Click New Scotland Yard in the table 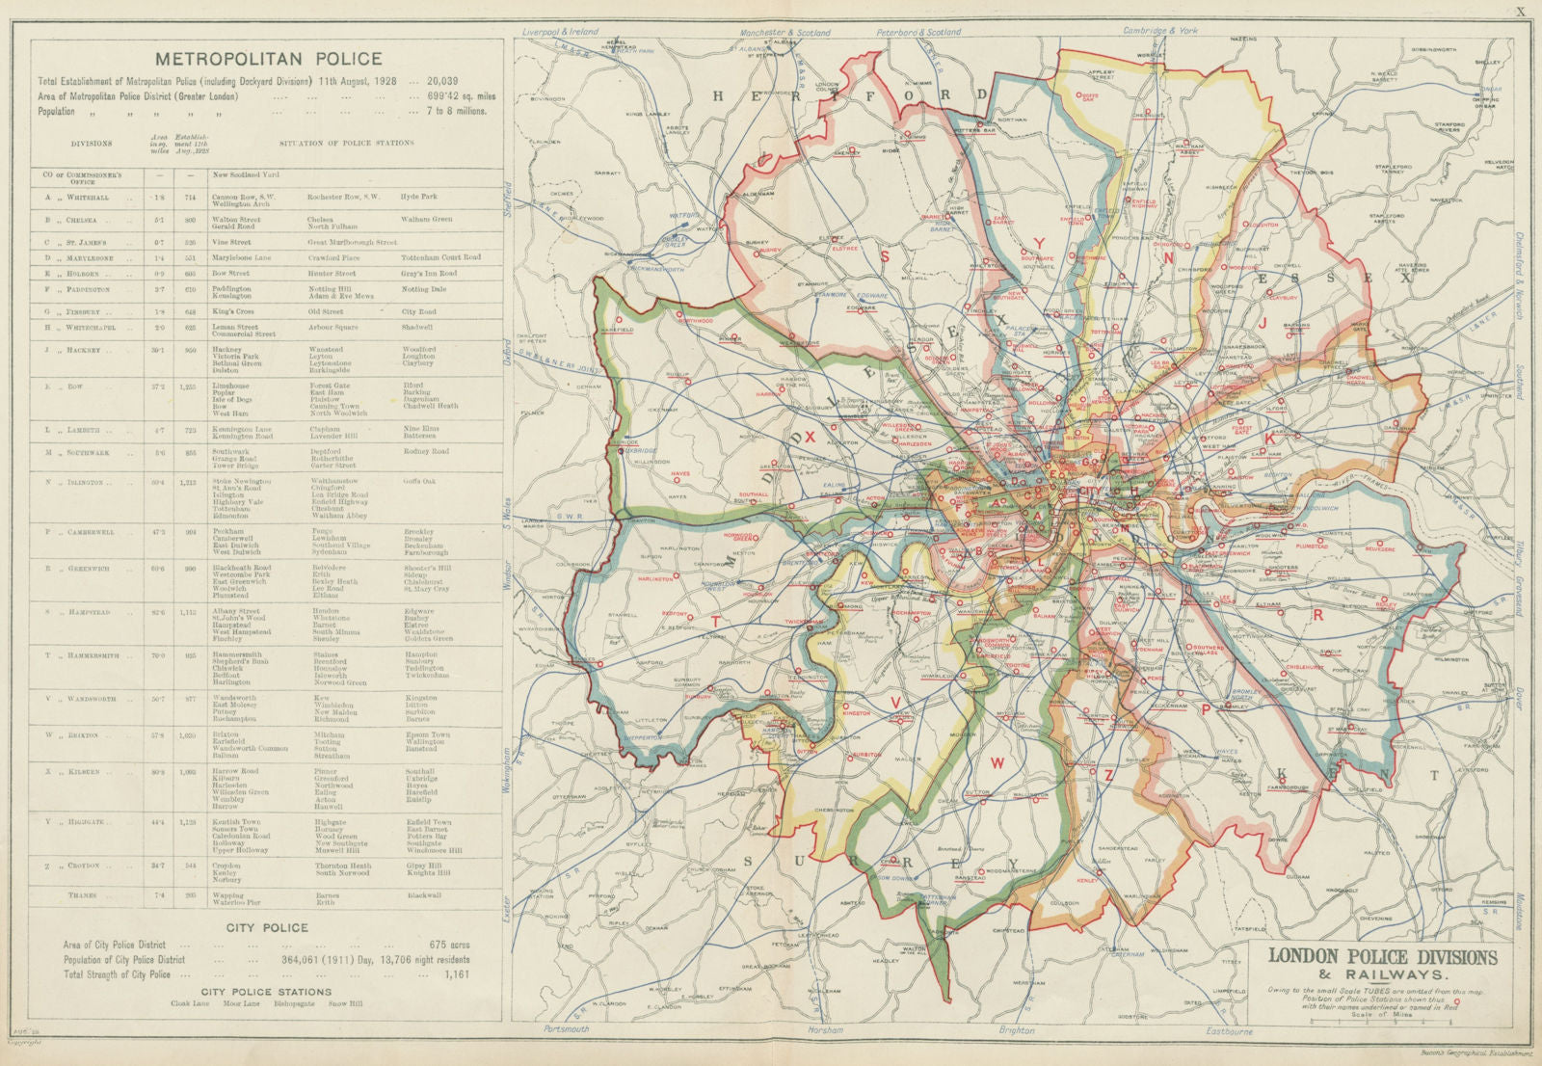pyautogui.click(x=246, y=175)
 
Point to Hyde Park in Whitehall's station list pyautogui.click(x=419, y=197)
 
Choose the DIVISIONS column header pyautogui.click(x=91, y=144)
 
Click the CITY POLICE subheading pyautogui.click(x=267, y=927)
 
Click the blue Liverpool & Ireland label pyautogui.click(x=559, y=32)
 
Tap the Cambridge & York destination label pyautogui.click(x=1160, y=31)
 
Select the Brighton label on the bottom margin pyautogui.click(x=1016, y=1030)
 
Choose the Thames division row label pyautogui.click(x=82, y=895)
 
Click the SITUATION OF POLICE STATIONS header pyautogui.click(x=346, y=144)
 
